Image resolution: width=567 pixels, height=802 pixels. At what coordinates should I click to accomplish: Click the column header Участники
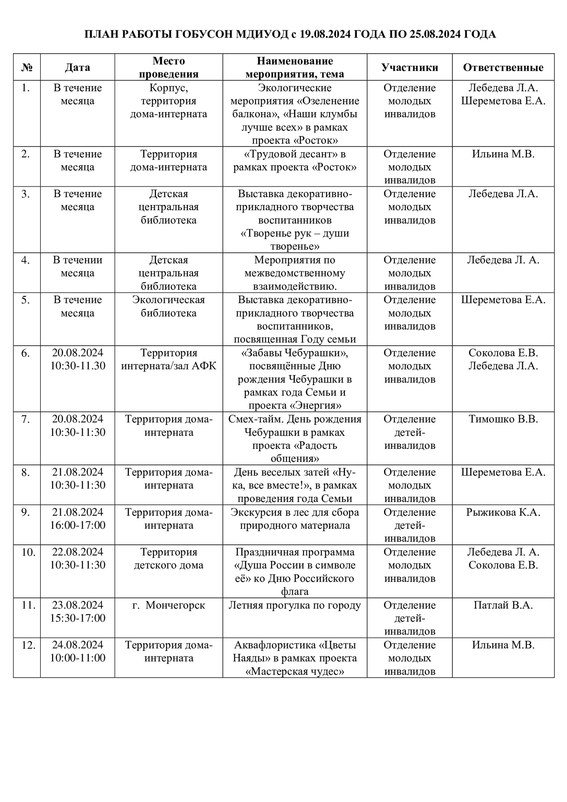click(x=410, y=67)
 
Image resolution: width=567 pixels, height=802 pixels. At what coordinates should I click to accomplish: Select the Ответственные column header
click(x=503, y=67)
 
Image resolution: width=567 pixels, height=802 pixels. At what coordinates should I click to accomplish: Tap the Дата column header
click(x=77, y=67)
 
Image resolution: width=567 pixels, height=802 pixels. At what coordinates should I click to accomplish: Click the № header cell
click(x=27, y=67)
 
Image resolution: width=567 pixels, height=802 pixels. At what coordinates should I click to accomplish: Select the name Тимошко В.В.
click(x=503, y=419)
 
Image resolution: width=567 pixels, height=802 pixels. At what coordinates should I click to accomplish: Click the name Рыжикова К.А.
click(x=503, y=512)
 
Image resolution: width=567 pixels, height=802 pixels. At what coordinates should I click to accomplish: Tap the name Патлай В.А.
click(x=503, y=605)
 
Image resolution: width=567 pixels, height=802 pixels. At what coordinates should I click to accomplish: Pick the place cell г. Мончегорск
click(x=169, y=605)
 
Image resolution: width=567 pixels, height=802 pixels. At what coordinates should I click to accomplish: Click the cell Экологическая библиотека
click(x=169, y=306)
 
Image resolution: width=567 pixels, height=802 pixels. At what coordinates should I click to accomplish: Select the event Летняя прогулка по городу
click(x=295, y=605)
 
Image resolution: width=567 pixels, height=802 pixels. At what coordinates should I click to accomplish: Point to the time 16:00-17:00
click(x=78, y=525)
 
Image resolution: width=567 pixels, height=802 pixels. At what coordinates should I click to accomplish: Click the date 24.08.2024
click(x=78, y=645)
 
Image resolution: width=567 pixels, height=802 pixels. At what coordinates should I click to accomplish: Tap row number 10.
click(x=28, y=552)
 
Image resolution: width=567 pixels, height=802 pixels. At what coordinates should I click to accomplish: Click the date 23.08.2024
click(x=78, y=605)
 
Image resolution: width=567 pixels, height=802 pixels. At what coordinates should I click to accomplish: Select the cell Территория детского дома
click(x=169, y=558)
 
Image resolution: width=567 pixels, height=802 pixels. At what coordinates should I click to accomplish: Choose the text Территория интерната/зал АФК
click(x=169, y=359)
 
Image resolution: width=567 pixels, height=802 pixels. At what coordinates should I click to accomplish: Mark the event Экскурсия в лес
click(x=295, y=512)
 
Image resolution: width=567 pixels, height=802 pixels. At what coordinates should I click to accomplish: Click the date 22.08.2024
click(x=78, y=552)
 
